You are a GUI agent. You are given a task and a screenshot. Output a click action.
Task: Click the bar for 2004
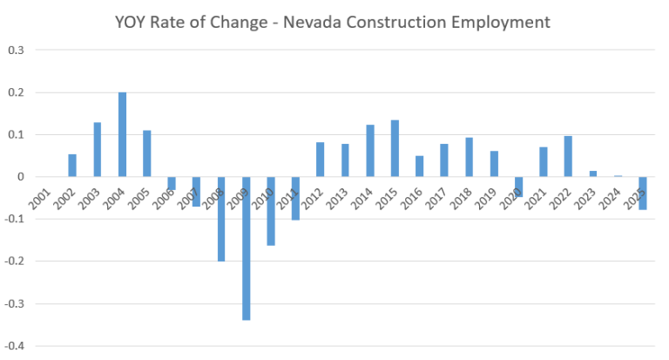pyautogui.click(x=122, y=134)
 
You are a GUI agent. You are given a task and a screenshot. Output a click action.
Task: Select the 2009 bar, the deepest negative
pyautogui.click(x=246, y=248)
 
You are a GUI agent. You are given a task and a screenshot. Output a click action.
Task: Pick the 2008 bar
pyautogui.click(x=221, y=219)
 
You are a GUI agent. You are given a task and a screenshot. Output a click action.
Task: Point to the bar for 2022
pyautogui.click(x=567, y=156)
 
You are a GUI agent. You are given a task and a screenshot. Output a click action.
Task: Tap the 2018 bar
pyautogui.click(x=468, y=157)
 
